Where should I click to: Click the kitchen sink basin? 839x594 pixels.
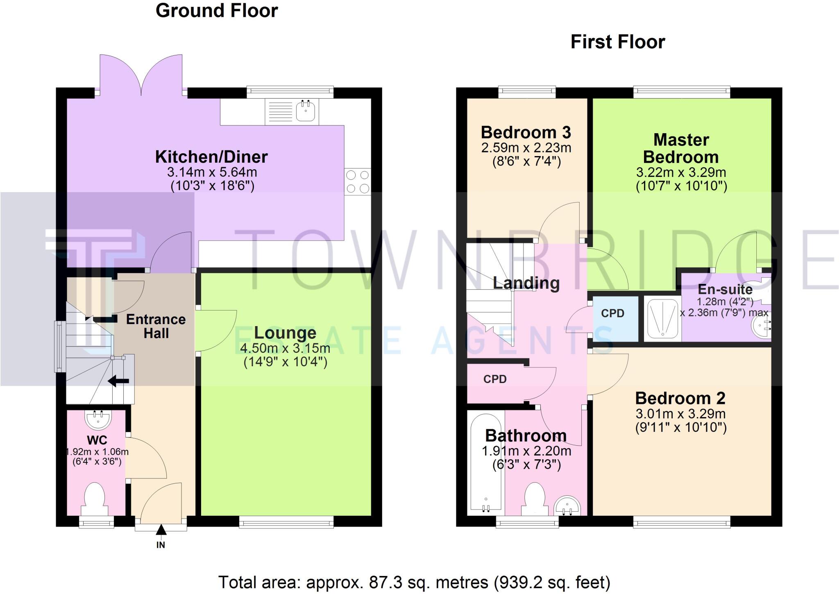(x=306, y=111)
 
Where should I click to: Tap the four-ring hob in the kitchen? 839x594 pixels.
(x=358, y=181)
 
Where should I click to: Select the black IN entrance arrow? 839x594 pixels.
(x=161, y=529)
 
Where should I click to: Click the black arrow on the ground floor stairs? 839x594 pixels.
(x=118, y=381)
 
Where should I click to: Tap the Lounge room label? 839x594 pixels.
(x=285, y=333)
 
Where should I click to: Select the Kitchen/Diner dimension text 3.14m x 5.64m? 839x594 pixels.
(x=212, y=172)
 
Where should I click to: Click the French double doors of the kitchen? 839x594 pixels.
(x=141, y=76)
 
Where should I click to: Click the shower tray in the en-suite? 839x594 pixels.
(x=662, y=318)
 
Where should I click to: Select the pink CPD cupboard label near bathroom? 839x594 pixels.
(x=495, y=379)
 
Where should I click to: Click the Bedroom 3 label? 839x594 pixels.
(x=526, y=132)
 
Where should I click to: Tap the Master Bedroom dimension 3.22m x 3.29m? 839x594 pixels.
(x=681, y=172)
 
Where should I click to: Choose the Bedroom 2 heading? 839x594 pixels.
(x=680, y=398)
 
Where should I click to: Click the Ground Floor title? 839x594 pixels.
(x=217, y=11)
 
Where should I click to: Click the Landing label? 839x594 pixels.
(x=526, y=283)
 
